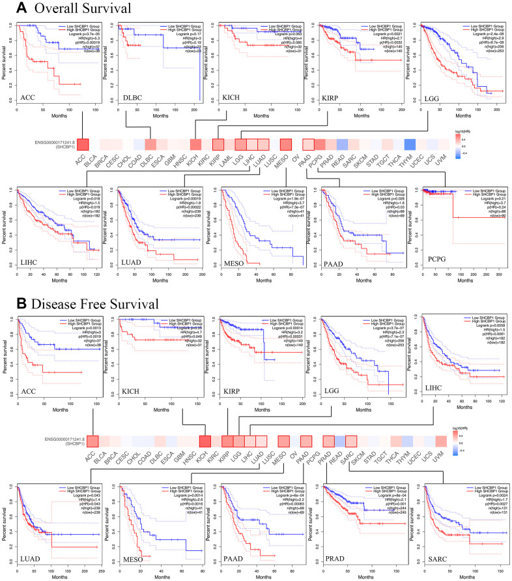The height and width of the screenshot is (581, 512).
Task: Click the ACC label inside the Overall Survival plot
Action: [x=27, y=98]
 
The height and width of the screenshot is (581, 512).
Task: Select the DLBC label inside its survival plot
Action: [x=133, y=98]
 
